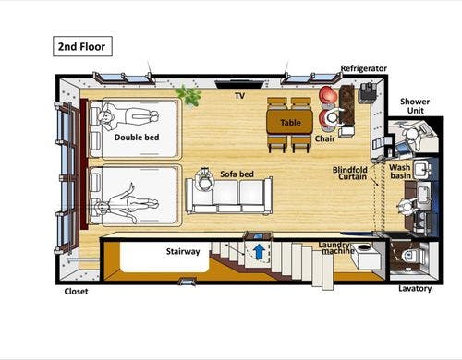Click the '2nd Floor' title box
coord(82,46)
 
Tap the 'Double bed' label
coord(137,138)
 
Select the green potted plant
coord(188,95)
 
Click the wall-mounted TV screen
coord(239,84)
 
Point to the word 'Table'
coord(290,123)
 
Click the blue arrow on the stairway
coord(260,251)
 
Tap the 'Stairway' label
coord(183,251)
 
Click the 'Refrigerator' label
coord(363,68)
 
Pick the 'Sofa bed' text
coord(237,174)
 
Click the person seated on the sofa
coord(204,180)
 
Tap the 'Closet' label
coord(76,292)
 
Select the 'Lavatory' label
coord(415,289)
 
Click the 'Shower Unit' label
coord(415,106)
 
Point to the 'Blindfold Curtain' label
coord(350,174)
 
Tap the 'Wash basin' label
coord(400,172)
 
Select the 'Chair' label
coord(324,138)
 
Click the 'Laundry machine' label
coord(335,247)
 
